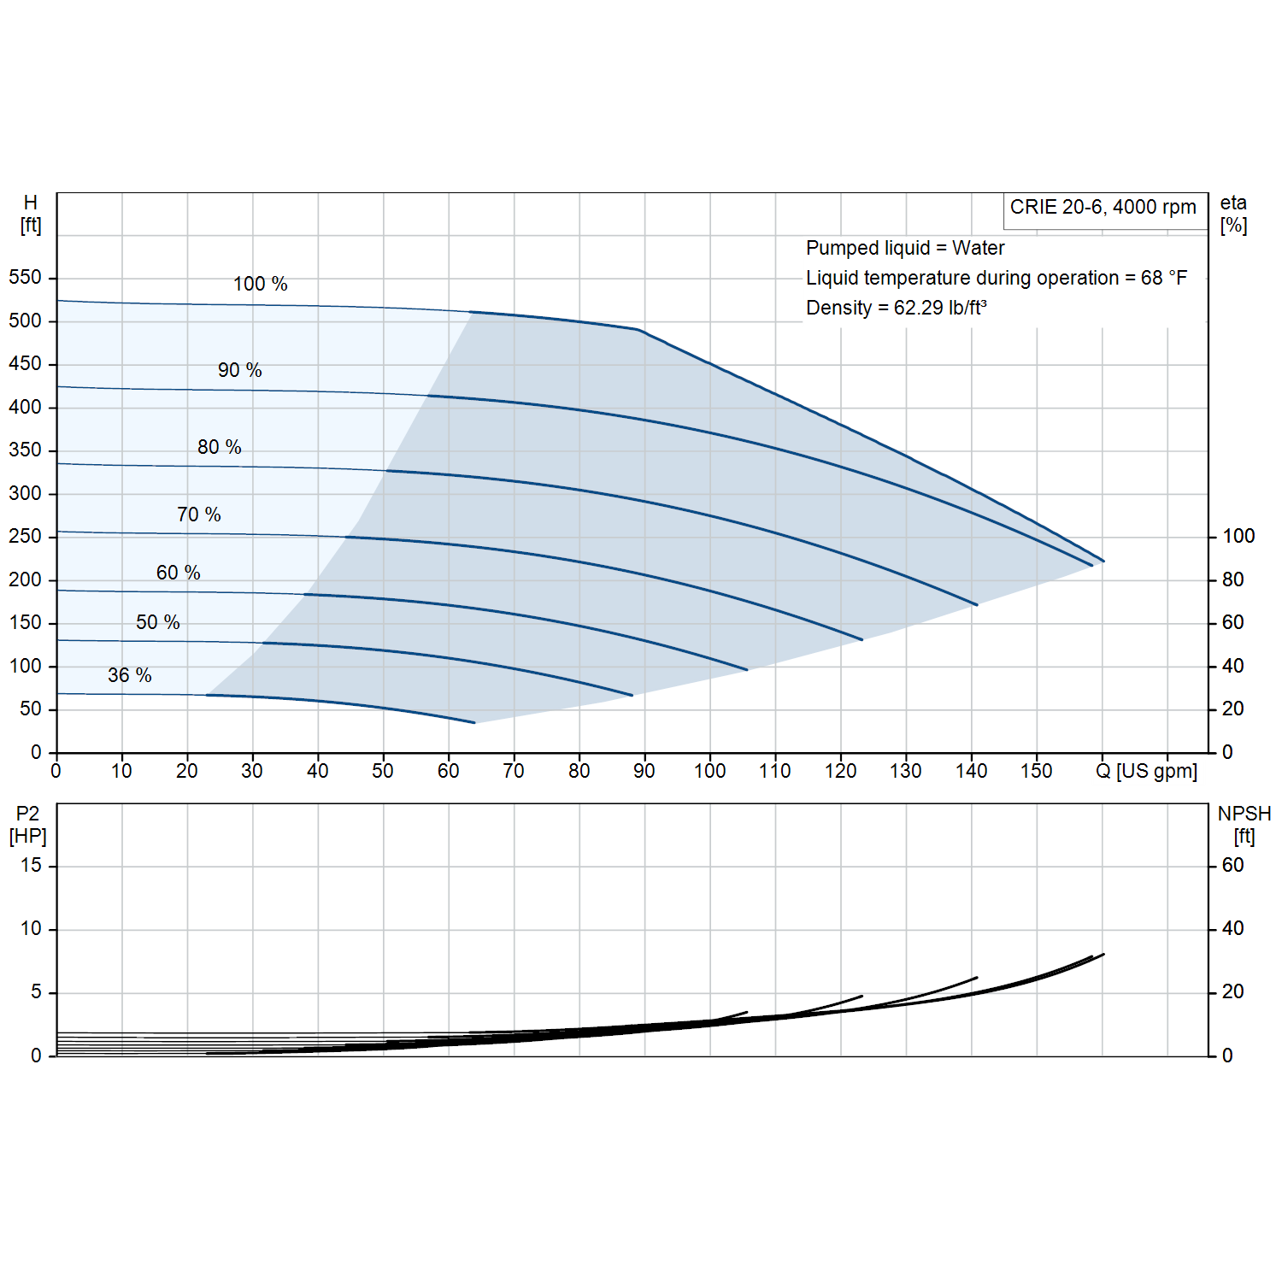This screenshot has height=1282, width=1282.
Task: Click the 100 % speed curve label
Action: pyautogui.click(x=261, y=284)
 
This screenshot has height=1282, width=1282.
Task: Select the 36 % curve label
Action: pyautogui.click(x=130, y=675)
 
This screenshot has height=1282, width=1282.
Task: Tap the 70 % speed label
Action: pyautogui.click(x=199, y=515)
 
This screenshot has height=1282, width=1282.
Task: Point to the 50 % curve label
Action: pyautogui.click(x=158, y=622)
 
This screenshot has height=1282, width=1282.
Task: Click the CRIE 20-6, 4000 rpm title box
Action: pyautogui.click(x=1103, y=207)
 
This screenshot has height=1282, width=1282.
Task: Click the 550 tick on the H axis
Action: pyautogui.click(x=25, y=277)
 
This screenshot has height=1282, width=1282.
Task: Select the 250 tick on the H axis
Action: pyautogui.click(x=25, y=536)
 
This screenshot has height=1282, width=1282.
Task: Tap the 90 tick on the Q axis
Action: pyautogui.click(x=644, y=771)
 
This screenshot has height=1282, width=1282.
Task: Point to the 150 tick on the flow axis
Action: pyautogui.click(x=1037, y=771)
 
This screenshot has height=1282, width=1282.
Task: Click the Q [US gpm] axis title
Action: pyautogui.click(x=1146, y=771)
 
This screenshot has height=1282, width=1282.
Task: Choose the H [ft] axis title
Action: pyautogui.click(x=31, y=214)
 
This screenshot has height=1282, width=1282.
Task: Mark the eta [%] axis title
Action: pyautogui.click(x=1233, y=214)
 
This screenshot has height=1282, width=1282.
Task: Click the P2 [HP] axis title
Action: pyautogui.click(x=28, y=825)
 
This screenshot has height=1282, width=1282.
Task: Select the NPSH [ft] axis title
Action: pyautogui.click(x=1244, y=825)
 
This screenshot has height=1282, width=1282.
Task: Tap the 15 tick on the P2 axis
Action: pyautogui.click(x=31, y=865)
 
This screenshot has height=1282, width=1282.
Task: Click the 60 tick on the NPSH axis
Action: pyautogui.click(x=1232, y=865)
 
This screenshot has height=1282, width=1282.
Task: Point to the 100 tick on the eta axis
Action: pyautogui.click(x=1238, y=536)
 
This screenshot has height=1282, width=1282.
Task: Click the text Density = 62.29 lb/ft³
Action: pyautogui.click(x=897, y=308)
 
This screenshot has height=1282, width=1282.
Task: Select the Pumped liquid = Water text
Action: pyautogui.click(x=905, y=248)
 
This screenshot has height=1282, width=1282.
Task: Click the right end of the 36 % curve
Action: pyautogui.click(x=474, y=723)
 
